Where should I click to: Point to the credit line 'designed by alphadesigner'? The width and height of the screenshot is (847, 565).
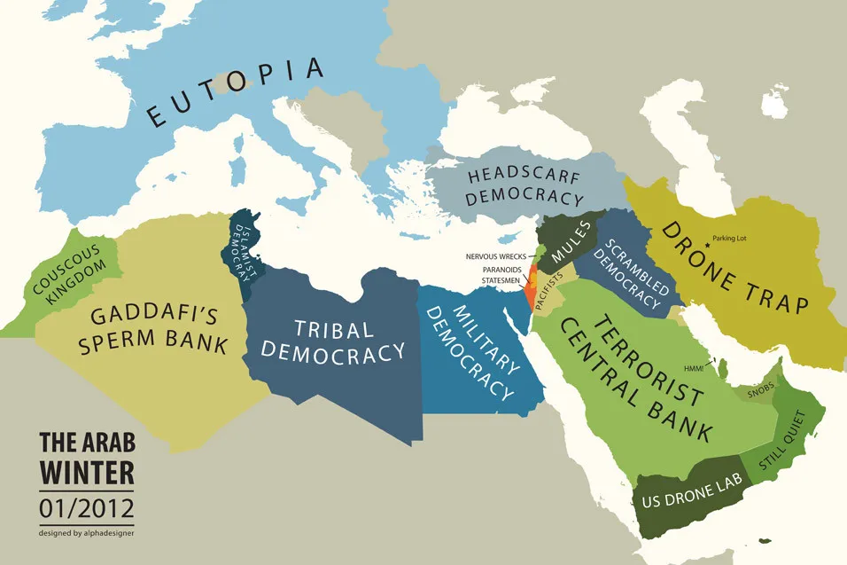click(86, 533)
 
